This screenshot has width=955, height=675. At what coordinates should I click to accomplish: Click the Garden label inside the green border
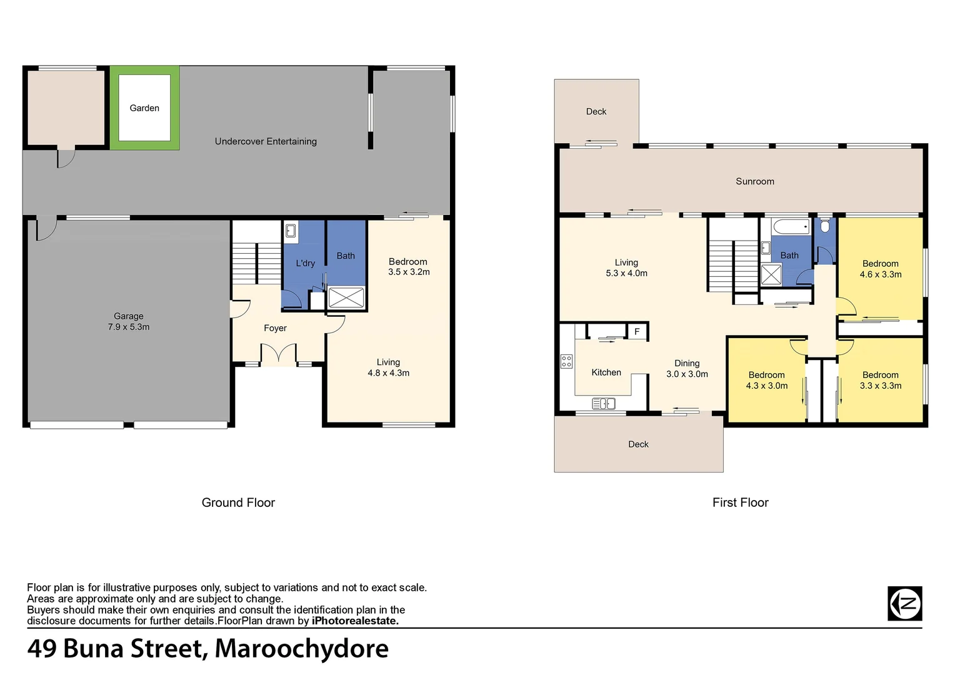click(144, 108)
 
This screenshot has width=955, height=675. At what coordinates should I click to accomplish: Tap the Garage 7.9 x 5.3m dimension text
click(128, 327)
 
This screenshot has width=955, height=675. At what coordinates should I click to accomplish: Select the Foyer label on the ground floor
click(275, 328)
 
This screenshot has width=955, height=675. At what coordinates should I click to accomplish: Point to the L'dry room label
click(305, 263)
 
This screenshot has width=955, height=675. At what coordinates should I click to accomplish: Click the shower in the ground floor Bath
click(346, 297)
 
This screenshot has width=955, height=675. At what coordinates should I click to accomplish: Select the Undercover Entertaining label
click(266, 141)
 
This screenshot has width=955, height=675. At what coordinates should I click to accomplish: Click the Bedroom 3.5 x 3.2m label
click(408, 266)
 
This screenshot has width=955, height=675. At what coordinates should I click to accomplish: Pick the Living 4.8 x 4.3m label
click(388, 367)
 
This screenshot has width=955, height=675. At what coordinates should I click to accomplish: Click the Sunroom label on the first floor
click(754, 181)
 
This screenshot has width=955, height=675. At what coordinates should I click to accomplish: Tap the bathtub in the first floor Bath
click(790, 226)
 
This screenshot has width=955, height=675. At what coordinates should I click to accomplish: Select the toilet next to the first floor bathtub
click(825, 225)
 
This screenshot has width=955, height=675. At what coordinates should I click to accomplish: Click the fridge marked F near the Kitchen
click(637, 331)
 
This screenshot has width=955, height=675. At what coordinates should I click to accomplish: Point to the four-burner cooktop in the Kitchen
click(566, 361)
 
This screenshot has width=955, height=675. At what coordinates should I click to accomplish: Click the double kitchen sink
click(603, 404)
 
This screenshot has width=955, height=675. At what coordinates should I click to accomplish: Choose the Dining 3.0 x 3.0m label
click(687, 369)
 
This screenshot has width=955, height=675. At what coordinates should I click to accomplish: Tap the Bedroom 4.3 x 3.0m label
click(766, 380)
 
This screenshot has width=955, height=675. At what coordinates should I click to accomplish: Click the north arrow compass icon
click(904, 604)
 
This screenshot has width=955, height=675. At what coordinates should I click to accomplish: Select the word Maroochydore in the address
click(301, 649)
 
